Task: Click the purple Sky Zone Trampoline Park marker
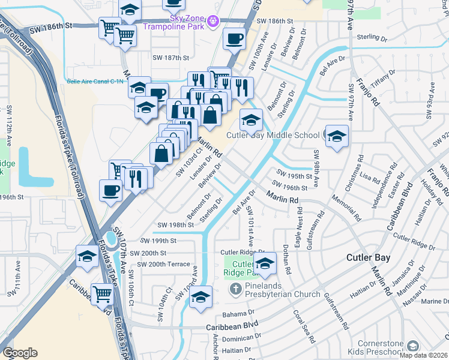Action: coord(211,23)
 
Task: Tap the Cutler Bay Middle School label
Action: coord(273,135)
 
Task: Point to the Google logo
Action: coord(20,353)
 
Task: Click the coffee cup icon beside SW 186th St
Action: coord(234,39)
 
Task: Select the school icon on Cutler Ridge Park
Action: coord(264,262)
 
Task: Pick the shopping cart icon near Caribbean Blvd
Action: coord(103,294)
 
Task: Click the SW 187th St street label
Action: coord(171,58)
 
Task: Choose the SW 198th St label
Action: coord(175,224)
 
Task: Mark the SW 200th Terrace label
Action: coord(163,264)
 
